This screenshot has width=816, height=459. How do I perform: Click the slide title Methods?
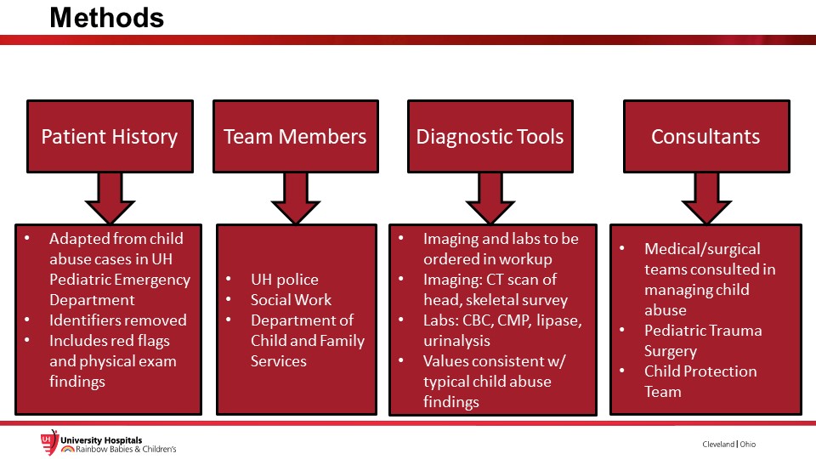pyautogui.click(x=107, y=18)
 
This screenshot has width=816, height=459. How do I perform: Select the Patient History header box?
pyautogui.click(x=110, y=136)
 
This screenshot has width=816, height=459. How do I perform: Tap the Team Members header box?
pyautogui.click(x=296, y=136)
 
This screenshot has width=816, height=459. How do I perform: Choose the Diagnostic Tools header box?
pyautogui.click(x=490, y=136)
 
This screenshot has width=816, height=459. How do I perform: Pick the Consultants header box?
pyautogui.click(x=706, y=136)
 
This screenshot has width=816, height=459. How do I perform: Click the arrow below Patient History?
pyautogui.click(x=110, y=198)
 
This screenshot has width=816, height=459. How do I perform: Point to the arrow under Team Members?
pyautogui.click(x=296, y=198)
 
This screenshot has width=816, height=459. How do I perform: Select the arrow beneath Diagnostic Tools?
pyautogui.click(x=490, y=198)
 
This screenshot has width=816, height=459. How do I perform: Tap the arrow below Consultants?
pyautogui.click(x=706, y=198)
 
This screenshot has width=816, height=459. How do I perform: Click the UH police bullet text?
pyautogui.click(x=284, y=280)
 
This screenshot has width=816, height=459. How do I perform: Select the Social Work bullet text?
pyautogui.click(x=291, y=300)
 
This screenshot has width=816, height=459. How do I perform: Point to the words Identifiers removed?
pyautogui.click(x=117, y=320)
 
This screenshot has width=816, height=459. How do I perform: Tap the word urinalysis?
pyautogui.click(x=456, y=341)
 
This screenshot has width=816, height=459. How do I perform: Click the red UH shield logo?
pyautogui.click(x=49, y=442)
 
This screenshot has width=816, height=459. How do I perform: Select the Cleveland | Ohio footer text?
pyautogui.click(x=728, y=444)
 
